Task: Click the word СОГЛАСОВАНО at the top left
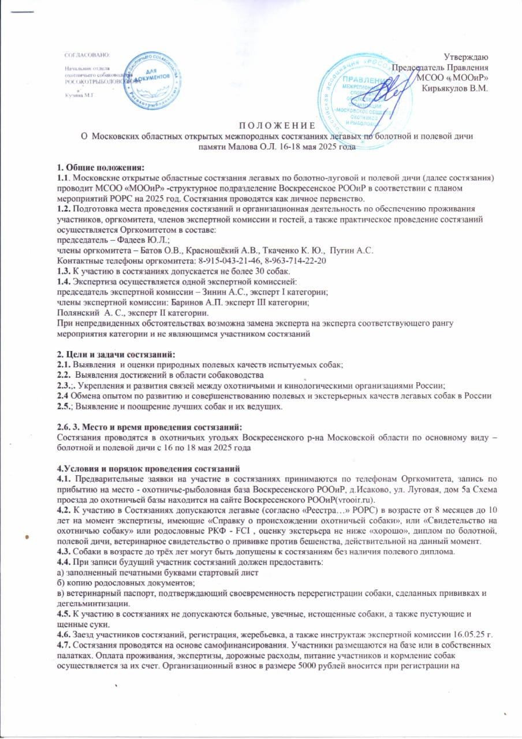[86, 54]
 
